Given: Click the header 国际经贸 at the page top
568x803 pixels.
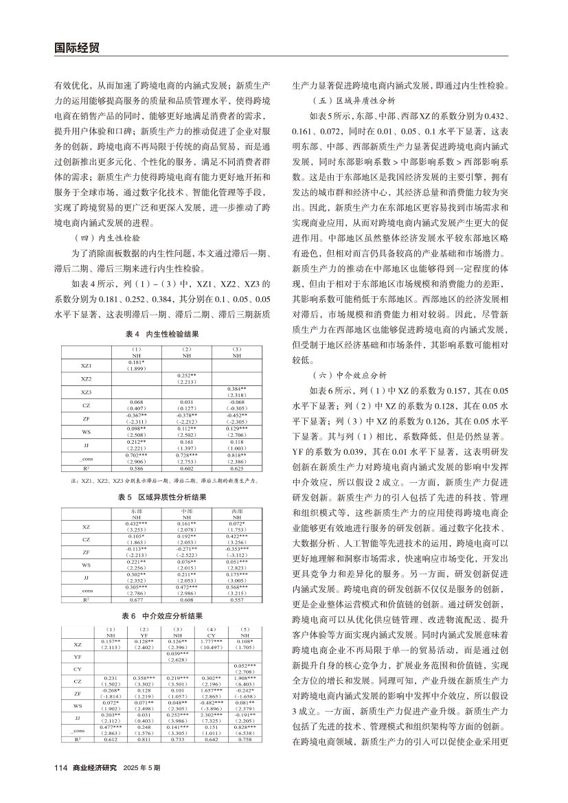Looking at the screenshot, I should pyautogui.click(x=76, y=47).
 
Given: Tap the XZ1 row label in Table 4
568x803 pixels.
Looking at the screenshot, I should pyautogui.click(x=86, y=365).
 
